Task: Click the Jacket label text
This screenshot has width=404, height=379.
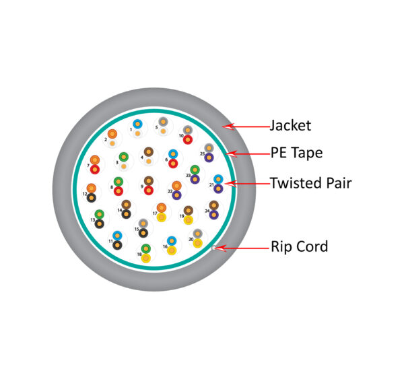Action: [290, 126]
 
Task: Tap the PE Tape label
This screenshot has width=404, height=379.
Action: [296, 153]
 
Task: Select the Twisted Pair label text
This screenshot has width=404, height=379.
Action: [310, 183]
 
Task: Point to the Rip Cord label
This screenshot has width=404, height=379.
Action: [300, 246]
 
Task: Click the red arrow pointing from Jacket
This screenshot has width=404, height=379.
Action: [246, 127]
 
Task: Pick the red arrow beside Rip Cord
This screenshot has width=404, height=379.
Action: [242, 248]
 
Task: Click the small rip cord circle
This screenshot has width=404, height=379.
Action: [213, 248]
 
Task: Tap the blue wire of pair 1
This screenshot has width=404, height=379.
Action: [137, 124]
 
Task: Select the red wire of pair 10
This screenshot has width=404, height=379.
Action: [188, 139]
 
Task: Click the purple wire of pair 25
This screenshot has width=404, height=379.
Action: [209, 158]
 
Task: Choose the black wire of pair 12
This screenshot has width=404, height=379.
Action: [92, 198]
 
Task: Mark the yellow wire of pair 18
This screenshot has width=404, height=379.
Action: [146, 258]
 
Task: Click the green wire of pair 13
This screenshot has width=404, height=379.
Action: [99, 214]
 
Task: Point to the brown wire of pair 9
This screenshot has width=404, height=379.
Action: [149, 181]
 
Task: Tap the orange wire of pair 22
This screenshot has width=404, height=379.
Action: [176, 186]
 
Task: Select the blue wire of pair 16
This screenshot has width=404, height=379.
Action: [172, 241]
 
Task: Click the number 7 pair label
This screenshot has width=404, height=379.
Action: [88, 166]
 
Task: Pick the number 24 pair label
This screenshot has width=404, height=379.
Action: [207, 211]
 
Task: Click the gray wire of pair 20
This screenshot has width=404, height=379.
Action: [197, 234]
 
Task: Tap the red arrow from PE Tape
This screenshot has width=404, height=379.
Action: [248, 154]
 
